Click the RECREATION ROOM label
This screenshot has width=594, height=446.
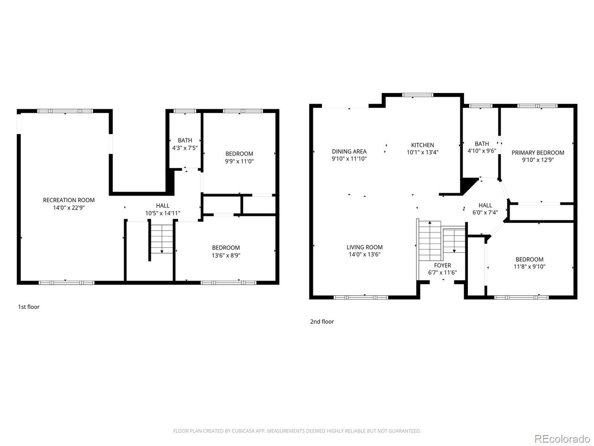coord(69,200)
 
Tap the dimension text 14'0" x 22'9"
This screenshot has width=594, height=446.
coord(69,208)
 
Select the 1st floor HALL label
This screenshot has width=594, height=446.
coord(162,205)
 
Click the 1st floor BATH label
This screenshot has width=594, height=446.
coord(185,140)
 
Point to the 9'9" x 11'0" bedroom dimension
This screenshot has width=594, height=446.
coord(239,162)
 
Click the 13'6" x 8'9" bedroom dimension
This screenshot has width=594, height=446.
coord(226,255)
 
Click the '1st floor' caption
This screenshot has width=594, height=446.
coord(29,307)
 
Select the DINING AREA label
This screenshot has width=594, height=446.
coord(349,151)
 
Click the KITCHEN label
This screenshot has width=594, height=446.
coord(422,145)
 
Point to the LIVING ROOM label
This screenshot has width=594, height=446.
coord(364,247)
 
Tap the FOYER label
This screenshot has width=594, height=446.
coord(442,265)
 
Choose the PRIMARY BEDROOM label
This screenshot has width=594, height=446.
coord(538,152)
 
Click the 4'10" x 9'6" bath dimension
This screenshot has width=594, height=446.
coord(482,151)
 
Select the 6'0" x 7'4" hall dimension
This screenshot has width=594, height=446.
coord(485,213)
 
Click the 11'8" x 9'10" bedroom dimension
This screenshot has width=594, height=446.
coord(529,267)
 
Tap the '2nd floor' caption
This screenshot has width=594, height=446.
coord(322,321)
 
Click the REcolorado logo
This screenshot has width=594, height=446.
coord(562,438)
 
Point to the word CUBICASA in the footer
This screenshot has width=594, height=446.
coord(251,431)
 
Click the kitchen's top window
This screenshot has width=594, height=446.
coord(418,95)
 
